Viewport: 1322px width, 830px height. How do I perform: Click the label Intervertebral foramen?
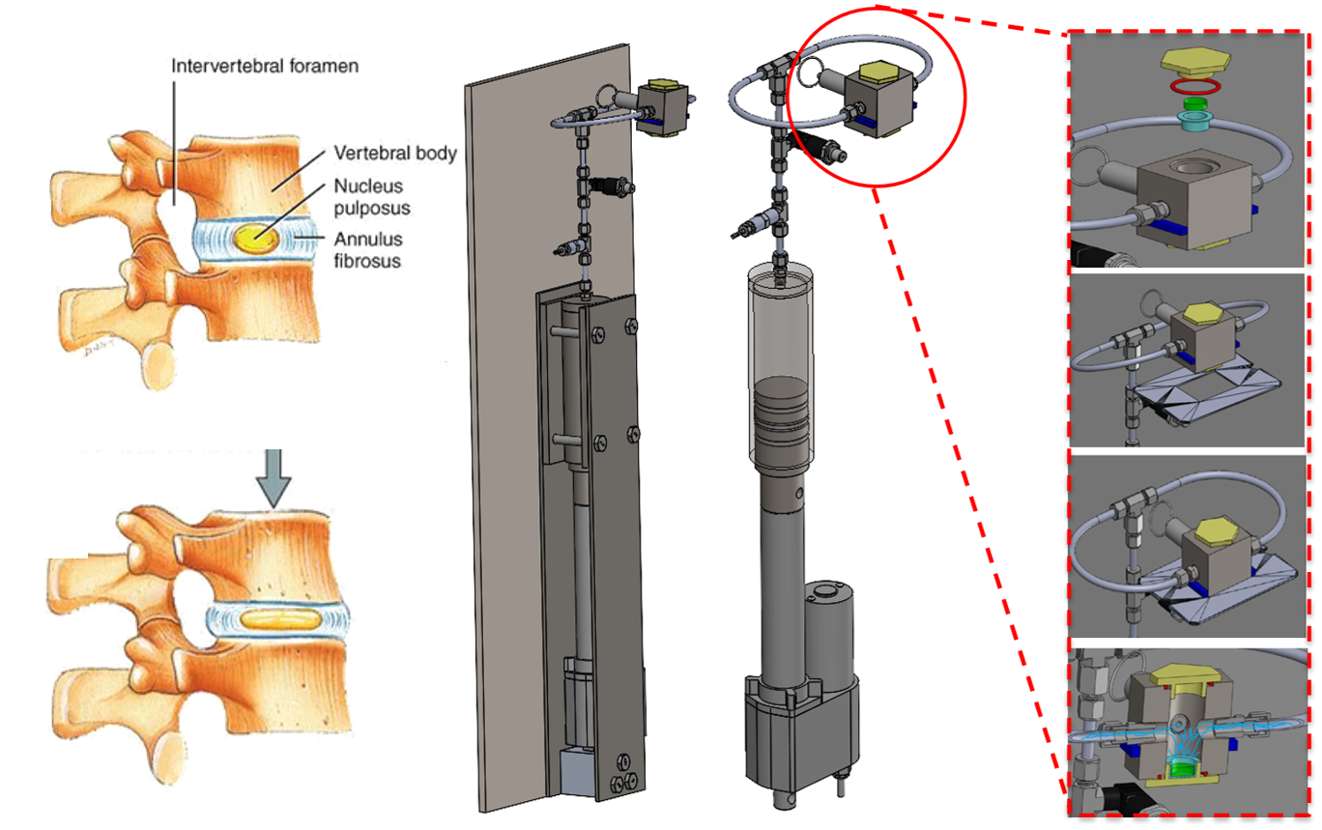click(265, 68)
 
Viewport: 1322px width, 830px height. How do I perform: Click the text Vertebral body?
click(394, 153)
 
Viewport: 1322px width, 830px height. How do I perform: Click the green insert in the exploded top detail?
click(1196, 101)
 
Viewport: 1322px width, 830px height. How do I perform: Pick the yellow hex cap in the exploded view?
click(1195, 64)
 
